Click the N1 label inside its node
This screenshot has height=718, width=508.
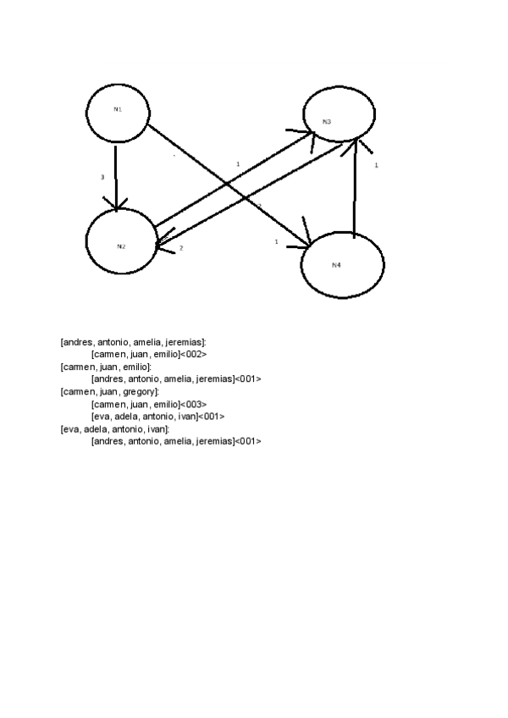click(x=118, y=108)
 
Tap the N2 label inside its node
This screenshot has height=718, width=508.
click(x=121, y=246)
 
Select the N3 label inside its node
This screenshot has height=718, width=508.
click(x=327, y=122)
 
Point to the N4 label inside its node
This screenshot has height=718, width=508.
click(x=336, y=265)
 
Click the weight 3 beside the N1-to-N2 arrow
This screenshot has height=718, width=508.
click(x=102, y=178)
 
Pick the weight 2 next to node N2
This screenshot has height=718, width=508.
click(x=180, y=248)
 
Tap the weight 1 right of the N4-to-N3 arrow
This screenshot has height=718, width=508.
click(x=376, y=166)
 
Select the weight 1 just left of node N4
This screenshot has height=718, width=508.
click(x=276, y=242)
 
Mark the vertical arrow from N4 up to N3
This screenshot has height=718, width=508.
click(x=353, y=191)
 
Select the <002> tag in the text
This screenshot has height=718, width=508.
click(x=194, y=354)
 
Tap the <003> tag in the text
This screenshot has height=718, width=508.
click(x=193, y=404)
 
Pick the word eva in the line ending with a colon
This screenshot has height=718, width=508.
click(x=71, y=428)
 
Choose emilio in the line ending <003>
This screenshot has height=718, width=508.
click(x=164, y=404)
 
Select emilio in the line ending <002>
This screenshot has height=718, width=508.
click(x=164, y=354)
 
